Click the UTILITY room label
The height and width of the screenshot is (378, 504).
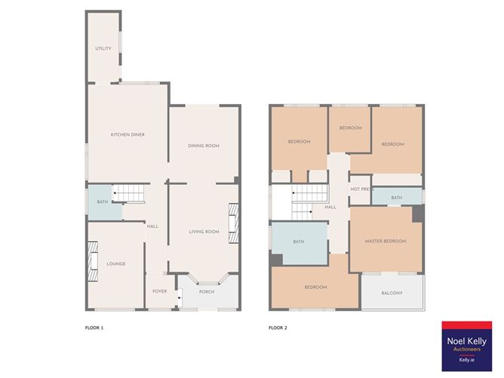pyautogui.click(x=103, y=48)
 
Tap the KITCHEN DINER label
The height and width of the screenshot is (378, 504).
pyautogui.click(x=128, y=134)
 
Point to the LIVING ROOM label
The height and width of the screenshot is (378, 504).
pyautogui.click(x=203, y=232)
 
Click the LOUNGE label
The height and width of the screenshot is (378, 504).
pyautogui.click(x=115, y=263)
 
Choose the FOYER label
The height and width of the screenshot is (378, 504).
pyautogui.click(x=160, y=290)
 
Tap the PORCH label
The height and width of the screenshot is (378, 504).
pyautogui.click(x=207, y=291)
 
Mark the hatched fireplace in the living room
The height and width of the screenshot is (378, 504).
pyautogui.click(x=233, y=223)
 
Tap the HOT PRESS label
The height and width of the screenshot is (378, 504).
pyautogui.click(x=361, y=189)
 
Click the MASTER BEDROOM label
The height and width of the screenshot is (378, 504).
pyautogui.click(x=385, y=241)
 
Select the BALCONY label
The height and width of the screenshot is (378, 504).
pyautogui.click(x=391, y=293)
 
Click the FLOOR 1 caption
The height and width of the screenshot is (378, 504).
pyautogui.click(x=94, y=327)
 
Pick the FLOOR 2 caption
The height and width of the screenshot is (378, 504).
pyautogui.click(x=278, y=327)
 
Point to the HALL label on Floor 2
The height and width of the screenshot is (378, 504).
pyautogui.click(x=330, y=207)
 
